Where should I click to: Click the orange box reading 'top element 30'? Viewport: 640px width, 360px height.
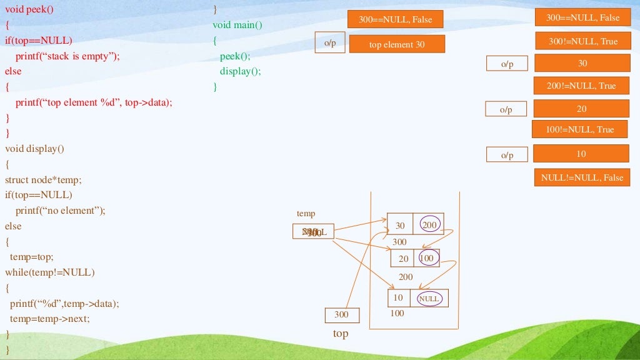click(x=397, y=44)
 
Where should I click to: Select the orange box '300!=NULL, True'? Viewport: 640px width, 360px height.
click(x=582, y=41)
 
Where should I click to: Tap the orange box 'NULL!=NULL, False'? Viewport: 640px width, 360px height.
click(x=582, y=177)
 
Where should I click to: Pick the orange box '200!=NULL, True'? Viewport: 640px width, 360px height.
click(x=581, y=86)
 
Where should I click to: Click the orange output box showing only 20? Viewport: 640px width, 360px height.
click(x=581, y=109)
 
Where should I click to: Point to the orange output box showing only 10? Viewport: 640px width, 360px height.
click(x=581, y=154)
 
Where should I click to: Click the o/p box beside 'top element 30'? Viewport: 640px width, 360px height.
click(x=330, y=42)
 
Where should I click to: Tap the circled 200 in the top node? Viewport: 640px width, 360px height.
click(x=429, y=224)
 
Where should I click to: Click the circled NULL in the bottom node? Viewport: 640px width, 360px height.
click(x=429, y=299)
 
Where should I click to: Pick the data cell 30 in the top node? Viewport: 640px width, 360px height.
click(x=400, y=225)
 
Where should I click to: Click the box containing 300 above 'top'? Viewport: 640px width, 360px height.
click(x=342, y=315)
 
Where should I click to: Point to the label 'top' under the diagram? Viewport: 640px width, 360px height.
click(x=341, y=334)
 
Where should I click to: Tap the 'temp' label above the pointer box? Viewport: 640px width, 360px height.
click(x=306, y=214)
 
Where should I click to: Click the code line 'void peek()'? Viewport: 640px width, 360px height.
click(x=29, y=9)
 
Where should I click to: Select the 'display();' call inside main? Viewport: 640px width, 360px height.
click(x=240, y=71)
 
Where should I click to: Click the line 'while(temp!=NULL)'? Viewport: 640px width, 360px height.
click(x=49, y=272)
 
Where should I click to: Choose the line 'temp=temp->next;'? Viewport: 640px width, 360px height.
click(x=50, y=319)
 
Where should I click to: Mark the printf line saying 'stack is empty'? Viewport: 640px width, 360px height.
click(x=67, y=56)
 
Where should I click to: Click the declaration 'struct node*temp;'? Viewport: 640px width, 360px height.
click(x=43, y=179)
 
